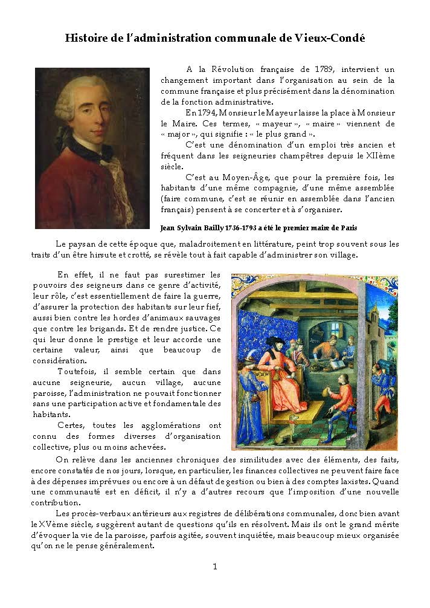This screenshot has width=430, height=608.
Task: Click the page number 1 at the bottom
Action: click(215, 566)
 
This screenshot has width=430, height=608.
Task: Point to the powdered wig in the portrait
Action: click(79, 91)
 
